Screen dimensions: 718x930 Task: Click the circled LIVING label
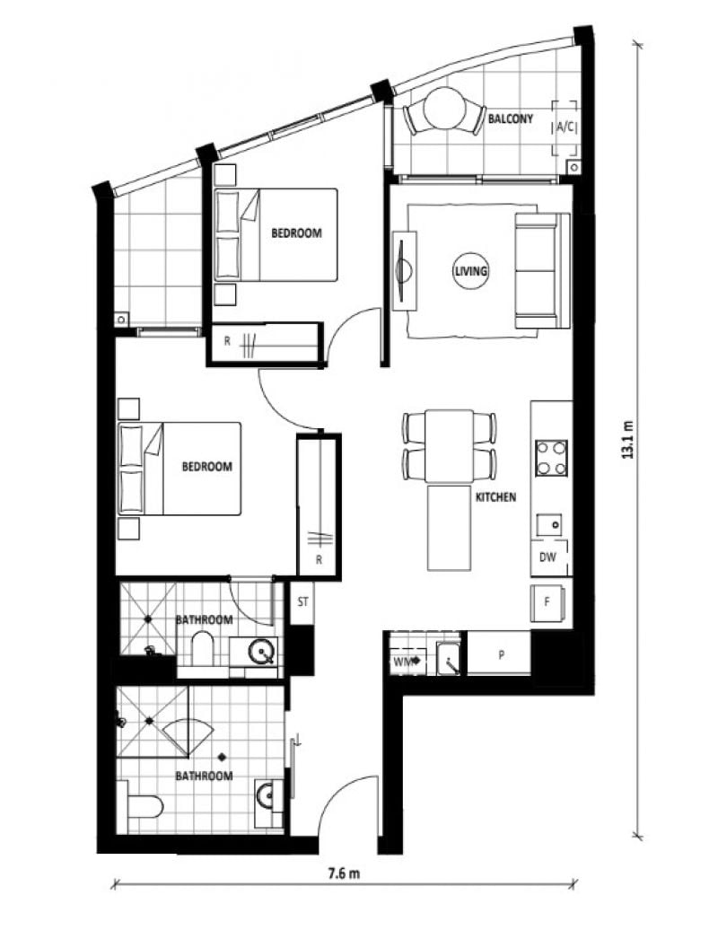[x=471, y=271]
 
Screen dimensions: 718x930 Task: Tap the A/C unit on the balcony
[x=565, y=127]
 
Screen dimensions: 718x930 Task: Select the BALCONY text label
[x=511, y=118]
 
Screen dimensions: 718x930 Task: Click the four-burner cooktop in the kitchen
[x=551, y=458]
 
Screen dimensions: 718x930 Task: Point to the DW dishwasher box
[x=548, y=557]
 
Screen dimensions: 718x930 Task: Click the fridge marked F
[x=547, y=602]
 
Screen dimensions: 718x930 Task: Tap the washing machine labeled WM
[x=407, y=662]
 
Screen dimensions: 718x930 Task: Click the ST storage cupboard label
[x=303, y=602]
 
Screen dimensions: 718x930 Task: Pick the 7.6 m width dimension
[x=344, y=873]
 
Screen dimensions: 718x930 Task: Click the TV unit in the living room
[x=405, y=271]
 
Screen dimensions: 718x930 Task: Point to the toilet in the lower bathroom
[x=140, y=807]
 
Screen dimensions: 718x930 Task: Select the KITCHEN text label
[x=495, y=497]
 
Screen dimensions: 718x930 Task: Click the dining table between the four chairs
[x=450, y=446]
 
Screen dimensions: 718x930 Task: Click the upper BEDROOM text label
[x=296, y=233]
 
